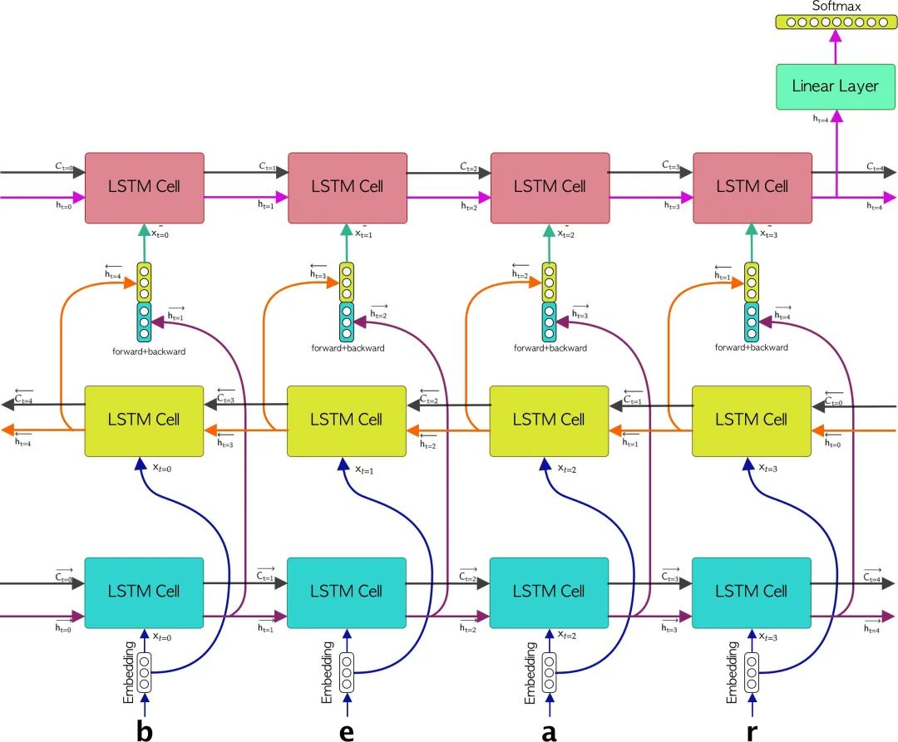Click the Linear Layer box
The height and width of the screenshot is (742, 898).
(x=835, y=86)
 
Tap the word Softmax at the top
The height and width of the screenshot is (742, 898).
(x=836, y=7)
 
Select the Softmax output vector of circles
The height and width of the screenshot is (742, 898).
(x=836, y=22)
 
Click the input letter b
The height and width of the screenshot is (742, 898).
(x=145, y=730)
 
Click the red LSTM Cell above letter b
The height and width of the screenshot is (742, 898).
(x=145, y=187)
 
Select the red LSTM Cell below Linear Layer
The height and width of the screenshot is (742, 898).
(x=752, y=187)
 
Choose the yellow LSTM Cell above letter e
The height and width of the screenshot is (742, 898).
(x=347, y=420)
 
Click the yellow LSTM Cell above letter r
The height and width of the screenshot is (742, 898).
(x=752, y=420)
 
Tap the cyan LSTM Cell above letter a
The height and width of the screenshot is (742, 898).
(x=550, y=592)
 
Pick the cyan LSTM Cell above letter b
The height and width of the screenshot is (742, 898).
(x=145, y=592)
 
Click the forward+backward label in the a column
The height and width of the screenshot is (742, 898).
(x=550, y=348)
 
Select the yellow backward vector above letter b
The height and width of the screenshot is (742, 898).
(x=145, y=283)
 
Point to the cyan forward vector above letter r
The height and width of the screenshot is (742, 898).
(x=752, y=322)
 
